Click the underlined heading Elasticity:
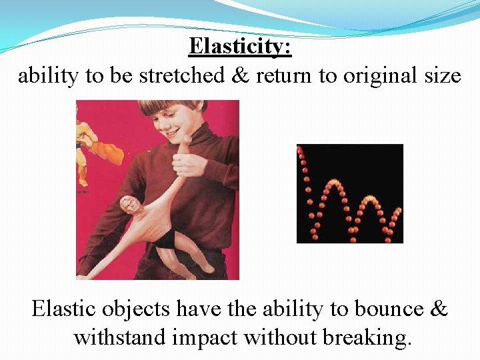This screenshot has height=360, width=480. point(240,47)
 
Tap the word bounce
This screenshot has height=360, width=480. point(387,309)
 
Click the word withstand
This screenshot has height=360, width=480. point(119,338)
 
